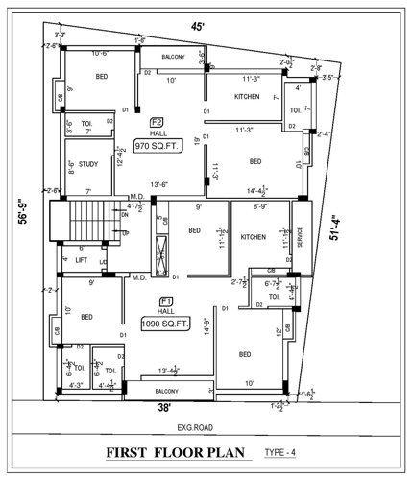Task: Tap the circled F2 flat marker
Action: (156, 122)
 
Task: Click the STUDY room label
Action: (87, 163)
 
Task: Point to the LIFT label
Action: (83, 259)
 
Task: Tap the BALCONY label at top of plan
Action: (174, 57)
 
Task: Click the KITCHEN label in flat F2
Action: (234, 97)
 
